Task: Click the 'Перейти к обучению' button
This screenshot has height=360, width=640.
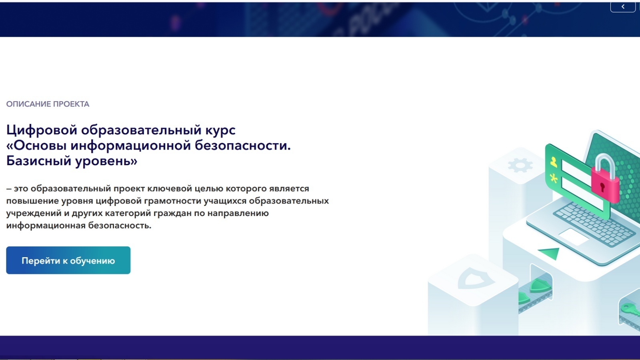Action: tap(68, 260)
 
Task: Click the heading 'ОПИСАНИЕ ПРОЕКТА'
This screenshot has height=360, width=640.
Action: tap(48, 104)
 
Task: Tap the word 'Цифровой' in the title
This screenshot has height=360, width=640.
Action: tap(42, 130)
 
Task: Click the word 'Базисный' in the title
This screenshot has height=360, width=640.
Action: tap(39, 161)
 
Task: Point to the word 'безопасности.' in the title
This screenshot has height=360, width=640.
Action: tap(243, 145)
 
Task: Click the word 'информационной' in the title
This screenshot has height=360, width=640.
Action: tap(131, 146)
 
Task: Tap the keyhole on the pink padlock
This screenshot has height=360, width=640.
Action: tap(602, 187)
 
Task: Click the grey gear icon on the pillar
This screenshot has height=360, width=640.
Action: tap(520, 166)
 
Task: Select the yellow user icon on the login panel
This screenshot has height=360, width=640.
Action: tap(554, 162)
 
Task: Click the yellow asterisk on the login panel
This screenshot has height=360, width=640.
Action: tap(554, 178)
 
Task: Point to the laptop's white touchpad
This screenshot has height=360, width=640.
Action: tap(574, 236)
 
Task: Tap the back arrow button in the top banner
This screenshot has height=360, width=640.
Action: tap(623, 6)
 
